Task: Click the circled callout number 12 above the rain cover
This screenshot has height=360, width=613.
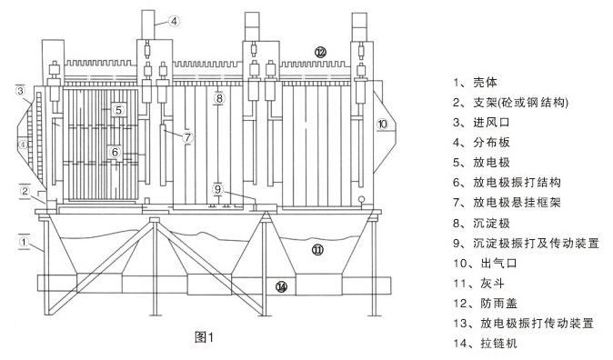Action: click(320, 52)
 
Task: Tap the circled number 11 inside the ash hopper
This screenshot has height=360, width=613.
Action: click(317, 249)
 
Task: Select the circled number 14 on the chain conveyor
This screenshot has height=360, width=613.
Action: click(281, 287)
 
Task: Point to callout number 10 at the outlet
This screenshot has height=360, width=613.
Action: click(382, 124)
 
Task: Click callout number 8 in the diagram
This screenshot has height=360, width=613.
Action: click(219, 97)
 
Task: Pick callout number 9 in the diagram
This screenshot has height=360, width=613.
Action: click(217, 190)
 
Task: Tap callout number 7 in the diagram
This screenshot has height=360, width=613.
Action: click(187, 137)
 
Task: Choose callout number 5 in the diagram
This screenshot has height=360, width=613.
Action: click(119, 111)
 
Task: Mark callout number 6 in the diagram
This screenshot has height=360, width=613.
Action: click(115, 152)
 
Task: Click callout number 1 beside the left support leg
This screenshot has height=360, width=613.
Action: click(24, 242)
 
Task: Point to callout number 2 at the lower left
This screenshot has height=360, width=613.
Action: click(25, 191)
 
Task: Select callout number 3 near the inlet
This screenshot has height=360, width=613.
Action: click(20, 91)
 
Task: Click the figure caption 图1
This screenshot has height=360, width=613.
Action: click(204, 337)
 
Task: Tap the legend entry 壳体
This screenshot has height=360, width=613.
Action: click(485, 83)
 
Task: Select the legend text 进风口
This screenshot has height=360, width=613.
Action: click(491, 123)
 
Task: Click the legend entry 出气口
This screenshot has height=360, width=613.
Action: click(498, 263)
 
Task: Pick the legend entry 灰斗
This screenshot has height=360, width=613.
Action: click(492, 283)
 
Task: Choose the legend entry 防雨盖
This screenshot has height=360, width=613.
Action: click(498, 304)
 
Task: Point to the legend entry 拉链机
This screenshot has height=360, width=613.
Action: click(498, 344)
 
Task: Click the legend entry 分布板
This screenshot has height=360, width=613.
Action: click(491, 143)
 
